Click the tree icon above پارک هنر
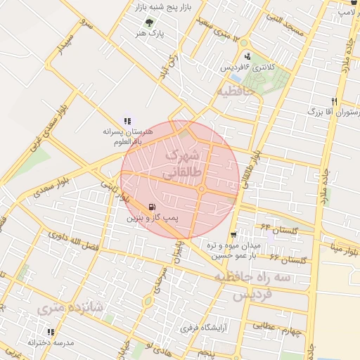coord(148,22)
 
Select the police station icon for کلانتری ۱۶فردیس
coord(247,56)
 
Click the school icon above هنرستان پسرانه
coord(127,121)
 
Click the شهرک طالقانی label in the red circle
coord(184,162)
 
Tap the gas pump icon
coord(151,207)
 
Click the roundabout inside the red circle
coord(201,189)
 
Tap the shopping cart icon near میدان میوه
coord(233,234)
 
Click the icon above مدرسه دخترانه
coord(51,331)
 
